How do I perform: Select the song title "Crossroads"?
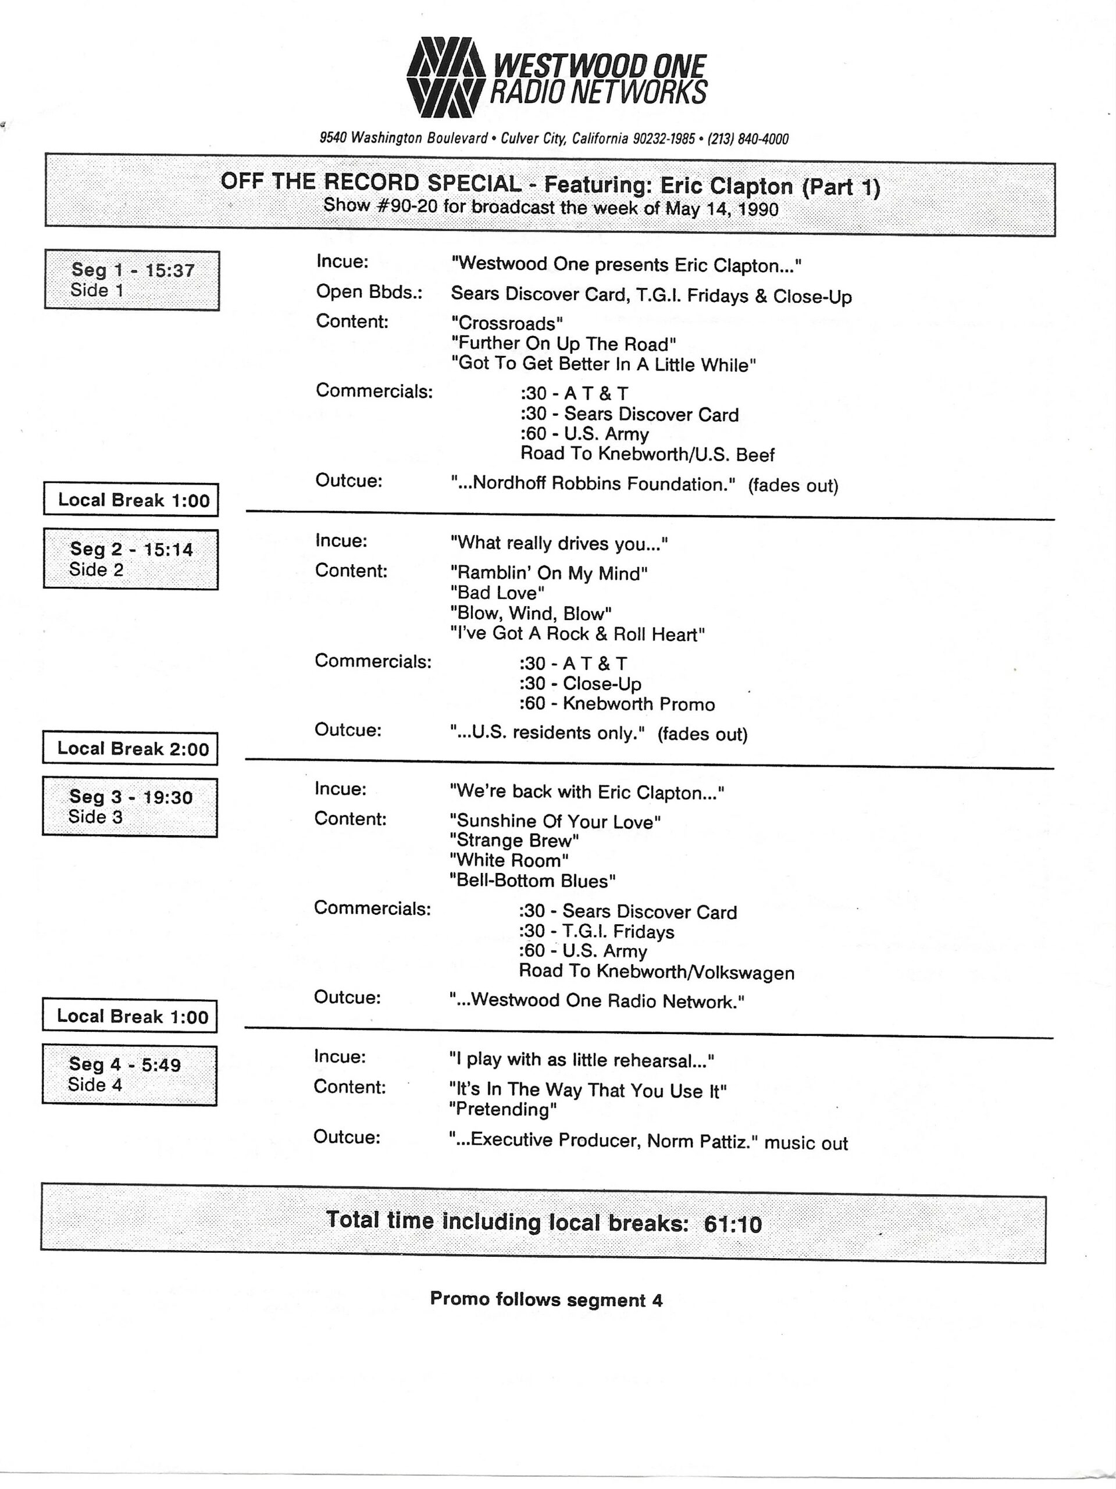pos(507,323)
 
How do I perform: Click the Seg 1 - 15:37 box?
pos(132,280)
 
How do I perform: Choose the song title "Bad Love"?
pos(497,593)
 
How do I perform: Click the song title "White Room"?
pos(509,860)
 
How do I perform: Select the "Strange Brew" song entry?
pos(514,840)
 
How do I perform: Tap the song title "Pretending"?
pos(503,1109)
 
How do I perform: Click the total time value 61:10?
pos(732,1223)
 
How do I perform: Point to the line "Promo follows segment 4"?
pos(546,1299)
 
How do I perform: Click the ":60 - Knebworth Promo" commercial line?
pos(616,704)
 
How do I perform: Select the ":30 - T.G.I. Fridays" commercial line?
pos(596,932)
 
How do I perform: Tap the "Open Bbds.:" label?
pos(369,291)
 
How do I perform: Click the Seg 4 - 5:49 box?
pos(129,1074)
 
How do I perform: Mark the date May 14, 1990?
pos(722,209)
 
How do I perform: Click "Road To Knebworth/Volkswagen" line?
pos(656,973)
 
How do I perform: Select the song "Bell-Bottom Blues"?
pos(533,881)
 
